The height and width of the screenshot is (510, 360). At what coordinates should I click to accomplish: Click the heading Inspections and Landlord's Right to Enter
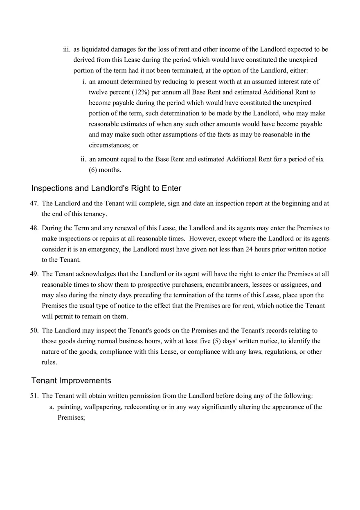(x=106, y=189)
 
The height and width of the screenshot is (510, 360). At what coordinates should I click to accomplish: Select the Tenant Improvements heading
(x=71, y=381)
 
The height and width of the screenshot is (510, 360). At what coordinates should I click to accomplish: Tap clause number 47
(x=34, y=203)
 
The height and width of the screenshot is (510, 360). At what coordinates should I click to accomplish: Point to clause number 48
(x=34, y=228)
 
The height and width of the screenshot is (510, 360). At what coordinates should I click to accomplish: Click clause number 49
(x=34, y=274)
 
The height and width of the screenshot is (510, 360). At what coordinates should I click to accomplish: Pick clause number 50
(x=34, y=330)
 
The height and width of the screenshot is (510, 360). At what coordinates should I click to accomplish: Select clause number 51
(x=34, y=396)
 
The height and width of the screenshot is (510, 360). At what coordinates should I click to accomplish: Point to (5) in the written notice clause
(x=218, y=341)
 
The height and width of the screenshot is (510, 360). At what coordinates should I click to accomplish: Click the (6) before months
(x=93, y=170)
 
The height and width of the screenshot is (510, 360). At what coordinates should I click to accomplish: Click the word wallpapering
(x=102, y=407)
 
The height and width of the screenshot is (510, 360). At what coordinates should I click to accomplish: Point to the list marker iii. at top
(x=67, y=49)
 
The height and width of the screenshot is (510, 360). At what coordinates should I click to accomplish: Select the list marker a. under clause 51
(x=52, y=407)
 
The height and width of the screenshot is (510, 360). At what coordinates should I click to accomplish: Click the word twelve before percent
(x=98, y=92)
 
